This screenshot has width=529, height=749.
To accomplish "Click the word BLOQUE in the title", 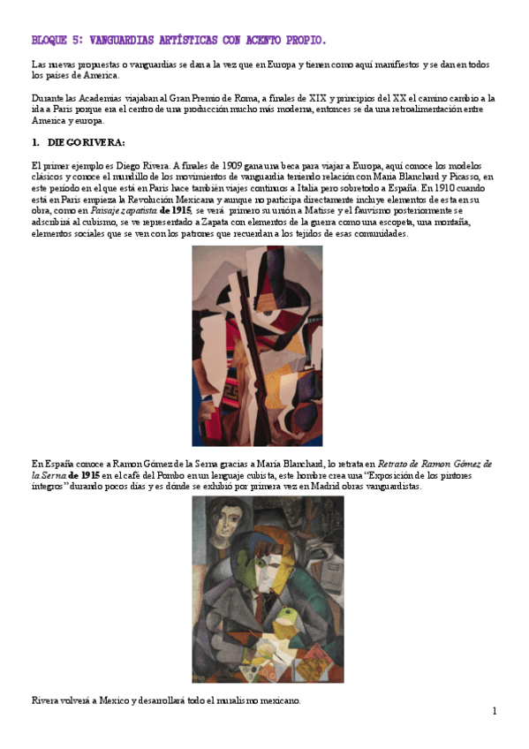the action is [x=48, y=41].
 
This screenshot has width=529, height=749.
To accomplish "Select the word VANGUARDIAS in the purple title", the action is [x=122, y=41].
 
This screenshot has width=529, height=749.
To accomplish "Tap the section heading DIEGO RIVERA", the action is [x=87, y=142].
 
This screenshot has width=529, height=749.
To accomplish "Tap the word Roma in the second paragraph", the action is [x=242, y=98].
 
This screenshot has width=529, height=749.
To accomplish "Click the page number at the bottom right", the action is [x=495, y=712].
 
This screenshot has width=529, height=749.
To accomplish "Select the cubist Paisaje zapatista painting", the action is [x=257, y=345].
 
